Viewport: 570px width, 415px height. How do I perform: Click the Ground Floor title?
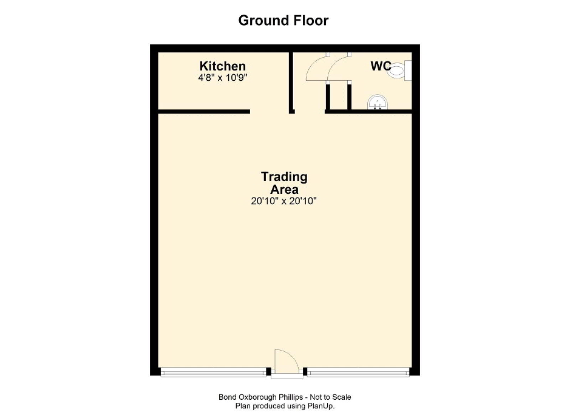pos(283,21)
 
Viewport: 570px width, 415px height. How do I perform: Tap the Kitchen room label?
pos(222,66)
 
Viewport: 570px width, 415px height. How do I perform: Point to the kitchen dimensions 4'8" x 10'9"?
pos(222,78)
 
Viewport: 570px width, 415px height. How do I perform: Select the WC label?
pos(381,66)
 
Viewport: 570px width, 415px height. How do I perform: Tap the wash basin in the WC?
pos(378,102)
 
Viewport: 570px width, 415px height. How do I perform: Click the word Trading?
pos(284,177)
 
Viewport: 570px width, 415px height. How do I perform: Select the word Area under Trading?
pos(284,190)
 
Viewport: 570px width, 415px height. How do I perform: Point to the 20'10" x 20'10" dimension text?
pos(284,201)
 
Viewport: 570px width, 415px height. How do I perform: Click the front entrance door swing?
pos(287,362)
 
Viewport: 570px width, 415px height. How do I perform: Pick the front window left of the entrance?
pos(214,372)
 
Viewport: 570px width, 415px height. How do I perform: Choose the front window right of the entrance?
pos(358,372)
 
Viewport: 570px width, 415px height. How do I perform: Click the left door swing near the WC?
pos(317,67)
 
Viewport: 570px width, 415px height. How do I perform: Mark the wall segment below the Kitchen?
pos(204,112)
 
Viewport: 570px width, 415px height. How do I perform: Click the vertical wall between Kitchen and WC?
pos(291,83)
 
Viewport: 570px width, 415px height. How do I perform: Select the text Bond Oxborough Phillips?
pos(260,397)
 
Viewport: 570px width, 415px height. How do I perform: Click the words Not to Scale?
pos(330,397)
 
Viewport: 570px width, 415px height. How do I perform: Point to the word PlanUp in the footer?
pos(321,406)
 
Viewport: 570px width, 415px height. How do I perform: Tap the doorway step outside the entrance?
pos(287,377)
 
